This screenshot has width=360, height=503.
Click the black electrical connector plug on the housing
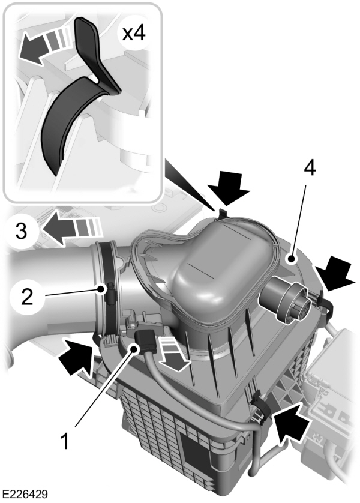pos(145,339)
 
